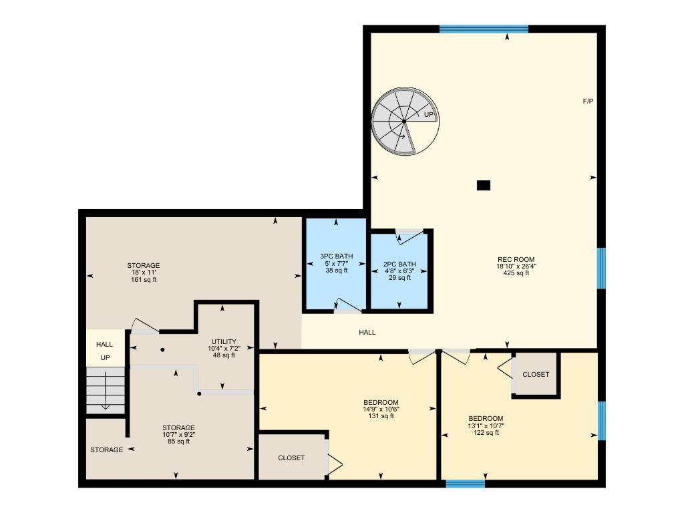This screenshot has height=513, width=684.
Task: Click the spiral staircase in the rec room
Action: point(404,121)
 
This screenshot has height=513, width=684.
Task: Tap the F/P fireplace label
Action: point(588,102)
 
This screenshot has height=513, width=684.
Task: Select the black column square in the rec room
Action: point(484,185)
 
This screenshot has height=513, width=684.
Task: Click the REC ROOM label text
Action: point(516,260)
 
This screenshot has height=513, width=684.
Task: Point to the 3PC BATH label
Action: point(336,256)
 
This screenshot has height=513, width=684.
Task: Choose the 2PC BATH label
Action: point(399,264)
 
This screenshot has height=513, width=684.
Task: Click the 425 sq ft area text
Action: point(516,273)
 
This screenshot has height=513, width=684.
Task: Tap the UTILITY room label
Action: point(223,342)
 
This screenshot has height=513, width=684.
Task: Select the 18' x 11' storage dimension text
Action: point(145,273)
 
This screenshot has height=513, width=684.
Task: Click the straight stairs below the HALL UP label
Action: point(106,391)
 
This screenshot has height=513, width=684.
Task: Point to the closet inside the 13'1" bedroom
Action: point(535,375)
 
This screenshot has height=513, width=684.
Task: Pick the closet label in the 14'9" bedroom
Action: point(291,458)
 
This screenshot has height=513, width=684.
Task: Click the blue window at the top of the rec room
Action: point(484,29)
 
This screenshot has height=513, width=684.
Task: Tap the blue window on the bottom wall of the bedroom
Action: point(465,483)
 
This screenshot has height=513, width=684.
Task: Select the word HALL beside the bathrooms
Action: point(367,332)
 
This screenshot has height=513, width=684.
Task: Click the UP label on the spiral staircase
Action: point(429,115)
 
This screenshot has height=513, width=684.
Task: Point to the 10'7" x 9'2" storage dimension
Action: point(178,434)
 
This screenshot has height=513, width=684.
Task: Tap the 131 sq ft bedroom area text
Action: point(381,415)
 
